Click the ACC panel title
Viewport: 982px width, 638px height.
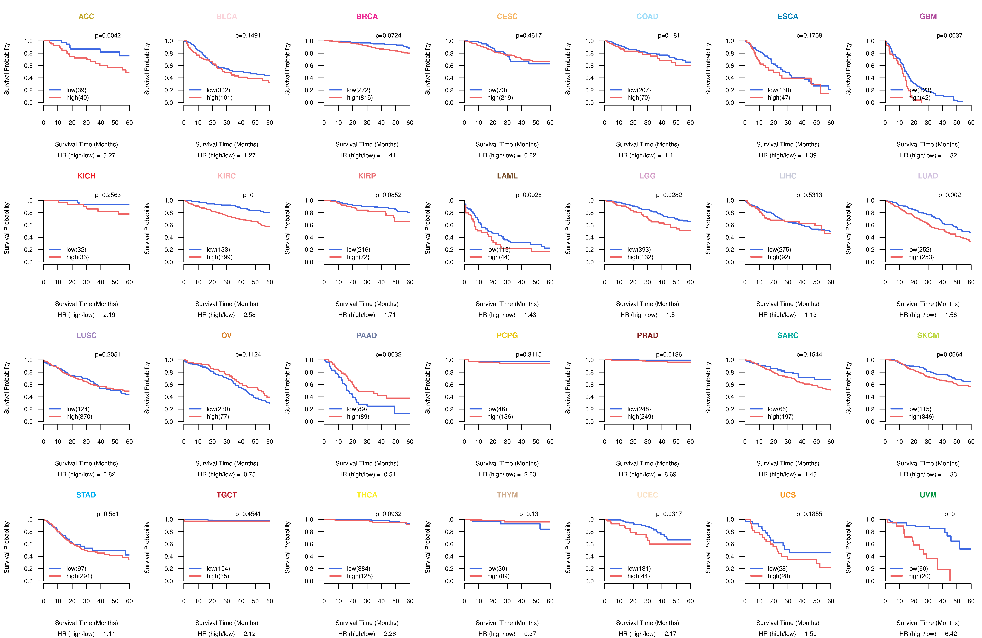(x=86, y=17)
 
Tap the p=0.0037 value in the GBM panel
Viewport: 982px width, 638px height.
(x=949, y=35)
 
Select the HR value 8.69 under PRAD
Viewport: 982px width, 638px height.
(x=670, y=474)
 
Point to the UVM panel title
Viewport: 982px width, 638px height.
(x=928, y=495)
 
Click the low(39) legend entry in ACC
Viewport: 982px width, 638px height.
(x=76, y=90)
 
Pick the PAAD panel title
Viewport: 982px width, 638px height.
(x=367, y=335)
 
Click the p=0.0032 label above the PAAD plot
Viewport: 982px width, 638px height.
(x=388, y=354)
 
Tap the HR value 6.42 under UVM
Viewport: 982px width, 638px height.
(x=951, y=634)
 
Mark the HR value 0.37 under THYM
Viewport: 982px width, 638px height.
(x=530, y=634)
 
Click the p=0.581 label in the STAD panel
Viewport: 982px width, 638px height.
(x=108, y=514)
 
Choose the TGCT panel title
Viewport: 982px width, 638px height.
(x=227, y=495)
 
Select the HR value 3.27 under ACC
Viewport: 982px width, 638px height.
(x=109, y=155)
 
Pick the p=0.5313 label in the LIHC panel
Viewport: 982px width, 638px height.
(x=809, y=195)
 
